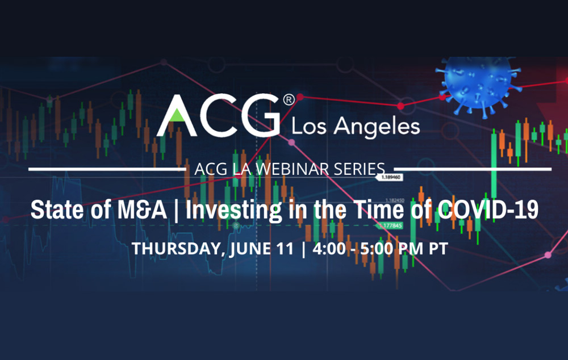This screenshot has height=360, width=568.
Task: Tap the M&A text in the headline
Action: [x=145, y=210]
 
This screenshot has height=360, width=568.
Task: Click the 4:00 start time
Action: [x=324, y=249]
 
